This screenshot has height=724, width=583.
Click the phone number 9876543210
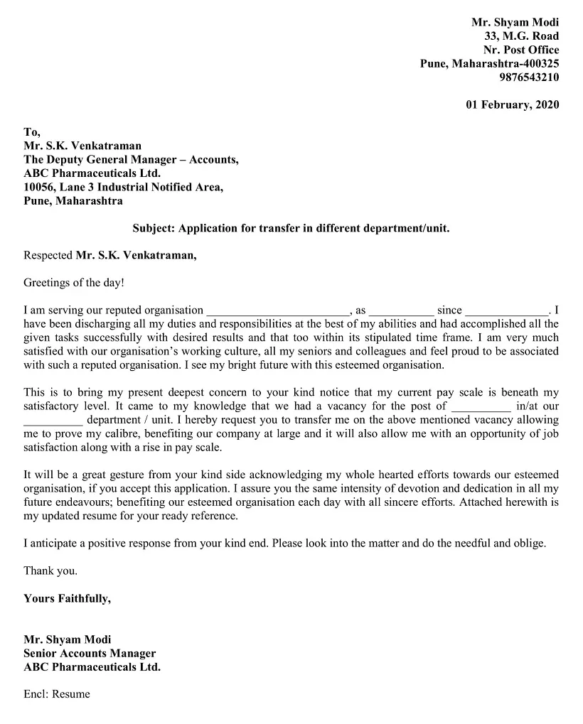[x=529, y=77]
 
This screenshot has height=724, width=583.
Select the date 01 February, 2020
[x=513, y=105]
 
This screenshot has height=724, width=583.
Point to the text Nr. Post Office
[x=521, y=50]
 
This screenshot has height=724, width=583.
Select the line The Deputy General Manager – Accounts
[x=131, y=160]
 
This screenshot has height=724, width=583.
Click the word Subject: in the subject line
[x=154, y=229]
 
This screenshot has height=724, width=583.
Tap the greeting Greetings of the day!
[x=74, y=283]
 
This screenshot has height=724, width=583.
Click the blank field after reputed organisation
[x=277, y=311]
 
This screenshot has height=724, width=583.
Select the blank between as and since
[x=401, y=311]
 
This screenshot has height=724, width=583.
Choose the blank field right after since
[x=506, y=311]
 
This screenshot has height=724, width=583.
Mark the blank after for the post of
[x=481, y=407]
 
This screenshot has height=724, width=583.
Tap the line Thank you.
[x=50, y=571]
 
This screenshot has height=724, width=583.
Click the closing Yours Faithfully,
[x=67, y=599]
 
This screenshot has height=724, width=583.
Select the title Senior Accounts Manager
[x=90, y=654]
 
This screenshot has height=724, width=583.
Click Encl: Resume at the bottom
[x=57, y=694]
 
